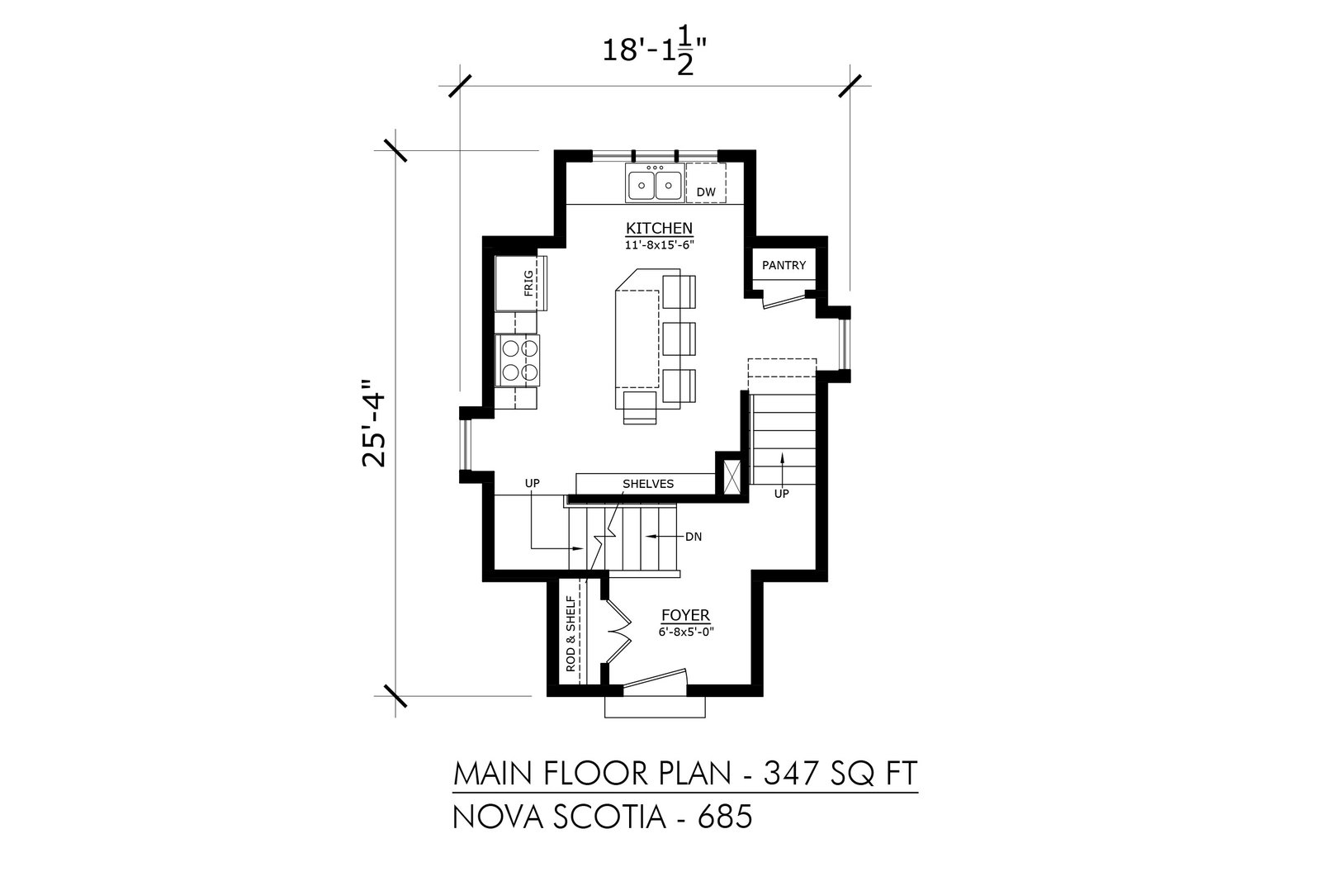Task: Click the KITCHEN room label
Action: pyautogui.click(x=660, y=228)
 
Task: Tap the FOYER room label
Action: pyautogui.click(x=685, y=616)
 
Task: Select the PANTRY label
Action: pyautogui.click(x=784, y=265)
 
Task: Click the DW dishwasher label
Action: pyautogui.click(x=706, y=192)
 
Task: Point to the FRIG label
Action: pyautogui.click(x=528, y=283)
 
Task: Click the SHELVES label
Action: pyautogui.click(x=648, y=484)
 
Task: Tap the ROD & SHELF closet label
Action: pyautogui.click(x=571, y=634)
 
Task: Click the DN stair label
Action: pyautogui.click(x=694, y=538)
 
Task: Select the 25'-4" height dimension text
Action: pyautogui.click(x=374, y=423)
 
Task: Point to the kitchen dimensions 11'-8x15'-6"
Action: pyautogui.click(x=660, y=244)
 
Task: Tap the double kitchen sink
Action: pyautogui.click(x=656, y=183)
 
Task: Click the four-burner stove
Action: pyautogui.click(x=520, y=360)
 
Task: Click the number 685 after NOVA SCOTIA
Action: pyautogui.click(x=726, y=817)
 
